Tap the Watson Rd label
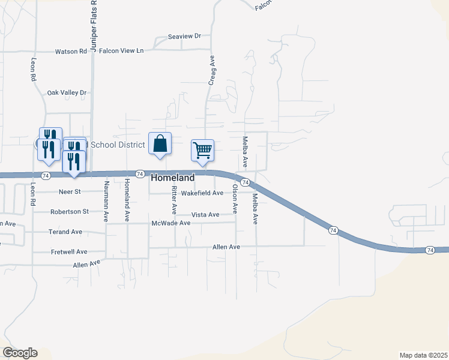(x=71, y=52)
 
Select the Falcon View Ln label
(x=121, y=51)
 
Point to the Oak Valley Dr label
(x=67, y=93)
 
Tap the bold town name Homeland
(x=173, y=178)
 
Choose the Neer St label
(x=70, y=192)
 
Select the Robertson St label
(x=70, y=212)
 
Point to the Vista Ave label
(x=205, y=215)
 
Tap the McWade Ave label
(x=171, y=223)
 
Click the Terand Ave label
(x=66, y=232)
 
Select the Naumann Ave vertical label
(x=106, y=202)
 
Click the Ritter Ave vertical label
(x=174, y=200)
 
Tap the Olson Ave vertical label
(x=235, y=199)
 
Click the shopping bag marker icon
(x=160, y=144)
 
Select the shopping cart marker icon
(x=203, y=150)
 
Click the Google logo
(x=20, y=353)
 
